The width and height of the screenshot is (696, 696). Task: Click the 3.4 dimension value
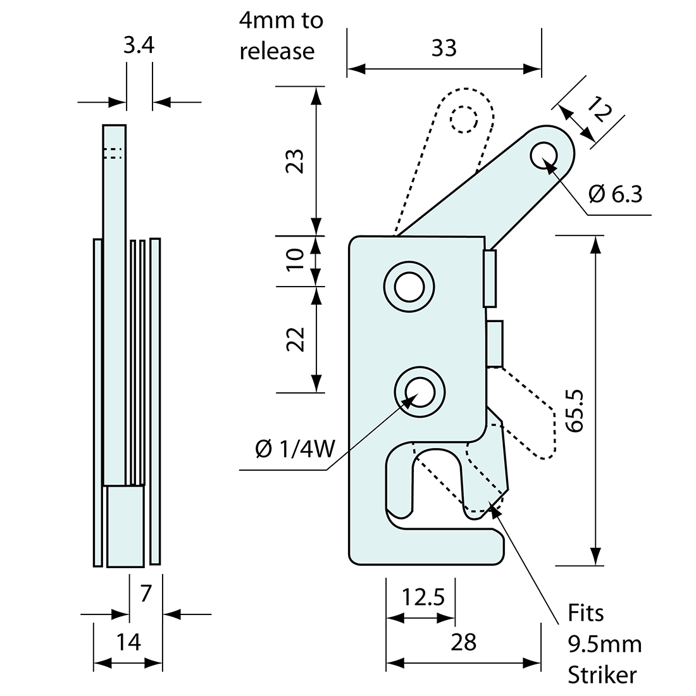pyautogui.click(x=139, y=47)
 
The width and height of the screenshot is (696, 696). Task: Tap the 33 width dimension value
pyautogui.click(x=444, y=47)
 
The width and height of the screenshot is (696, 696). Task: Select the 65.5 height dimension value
pyautogui.click(x=574, y=411)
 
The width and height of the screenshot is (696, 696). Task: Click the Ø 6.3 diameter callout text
pyautogui.click(x=615, y=194)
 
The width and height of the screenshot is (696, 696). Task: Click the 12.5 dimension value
pyautogui.click(x=422, y=597)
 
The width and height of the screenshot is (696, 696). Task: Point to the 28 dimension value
pyautogui.click(x=463, y=642)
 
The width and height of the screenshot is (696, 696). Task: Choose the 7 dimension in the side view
pyautogui.click(x=146, y=593)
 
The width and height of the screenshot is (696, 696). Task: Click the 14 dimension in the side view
pyautogui.click(x=128, y=642)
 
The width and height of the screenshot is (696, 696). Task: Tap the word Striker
pyautogui.click(x=601, y=674)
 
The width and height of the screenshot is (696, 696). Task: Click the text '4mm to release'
pyautogui.click(x=281, y=35)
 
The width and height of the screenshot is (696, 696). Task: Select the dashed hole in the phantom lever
pyautogui.click(x=464, y=118)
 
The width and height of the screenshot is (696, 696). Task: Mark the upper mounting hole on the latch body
pyautogui.click(x=409, y=287)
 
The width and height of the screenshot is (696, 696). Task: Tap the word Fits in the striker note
pyautogui.click(x=585, y=612)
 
